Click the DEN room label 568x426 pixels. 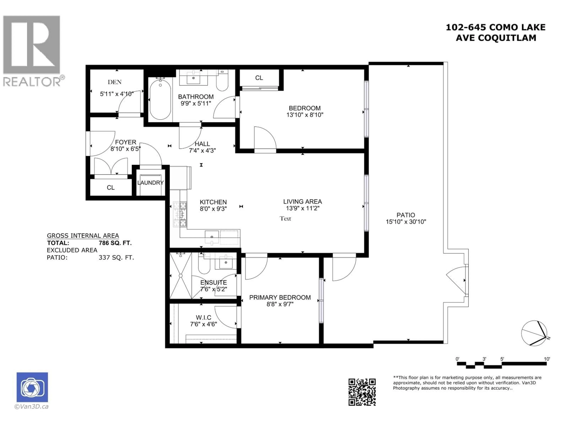pos(114,82)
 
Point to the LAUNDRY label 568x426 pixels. pos(150,183)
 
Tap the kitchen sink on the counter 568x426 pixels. pos(212,237)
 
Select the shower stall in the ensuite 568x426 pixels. pos(180,276)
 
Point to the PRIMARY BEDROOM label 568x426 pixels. pos(280,298)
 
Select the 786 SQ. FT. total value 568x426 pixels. pos(115,243)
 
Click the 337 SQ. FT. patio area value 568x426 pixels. pos(116,258)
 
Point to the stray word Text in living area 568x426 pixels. pos(285,218)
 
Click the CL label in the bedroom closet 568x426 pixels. pos(259,78)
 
